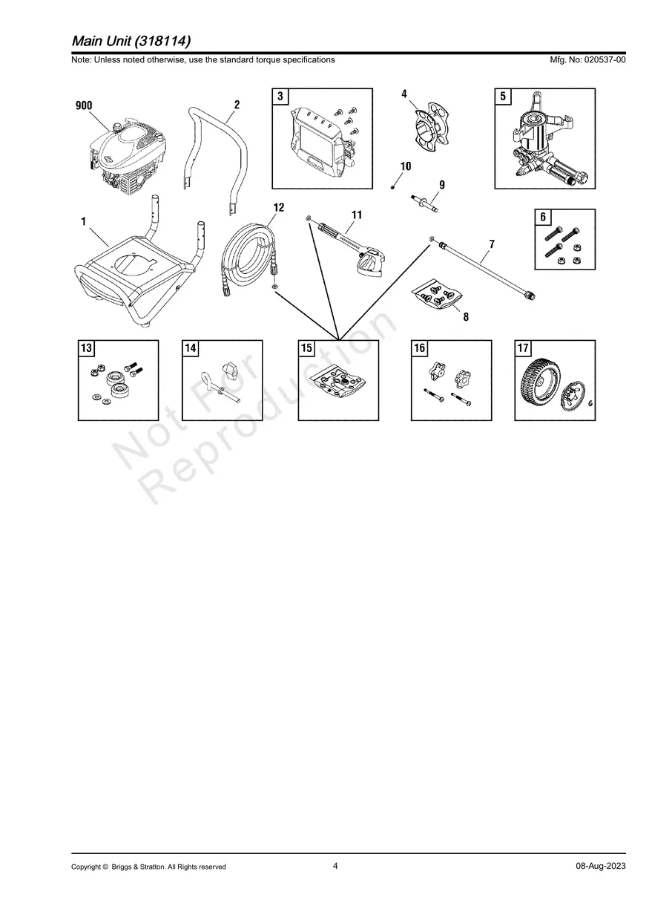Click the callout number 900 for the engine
(84, 105)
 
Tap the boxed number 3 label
(280, 97)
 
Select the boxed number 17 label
(523, 348)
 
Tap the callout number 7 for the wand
(492, 244)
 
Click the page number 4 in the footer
(335, 866)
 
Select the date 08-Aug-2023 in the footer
(601, 866)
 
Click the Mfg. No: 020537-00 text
(587, 59)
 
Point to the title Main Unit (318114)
(131, 41)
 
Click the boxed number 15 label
(306, 348)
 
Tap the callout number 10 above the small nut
(406, 166)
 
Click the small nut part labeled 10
(392, 188)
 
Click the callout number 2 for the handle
(237, 105)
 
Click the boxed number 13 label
(86, 348)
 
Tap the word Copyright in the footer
(86, 867)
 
